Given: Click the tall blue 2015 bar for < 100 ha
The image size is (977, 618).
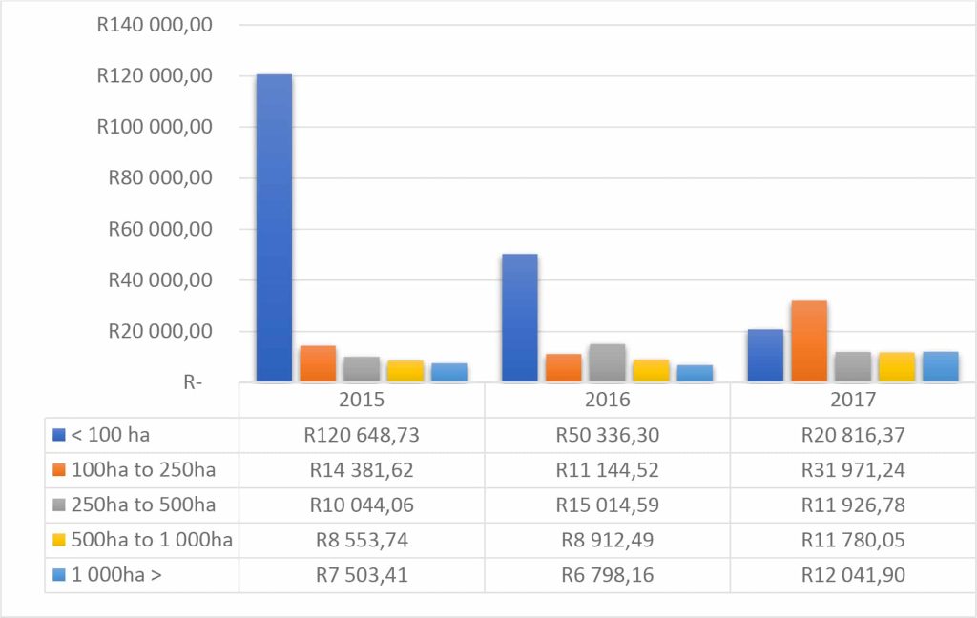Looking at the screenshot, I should tap(274, 229).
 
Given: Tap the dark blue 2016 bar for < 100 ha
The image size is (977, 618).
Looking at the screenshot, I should tap(520, 318).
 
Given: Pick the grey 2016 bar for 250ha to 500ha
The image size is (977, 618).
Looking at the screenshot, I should tap(608, 362).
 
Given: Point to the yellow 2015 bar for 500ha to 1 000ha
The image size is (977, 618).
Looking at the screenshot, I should tap(405, 371).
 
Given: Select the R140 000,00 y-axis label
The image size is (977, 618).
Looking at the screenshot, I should tap(155, 25).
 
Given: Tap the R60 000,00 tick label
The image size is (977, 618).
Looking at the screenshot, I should tap(155, 229).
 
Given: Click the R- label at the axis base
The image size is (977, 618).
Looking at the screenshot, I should tap(194, 382).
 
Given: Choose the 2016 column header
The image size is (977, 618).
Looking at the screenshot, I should tap(607, 400).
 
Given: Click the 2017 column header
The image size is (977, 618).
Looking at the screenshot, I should tap(853, 400).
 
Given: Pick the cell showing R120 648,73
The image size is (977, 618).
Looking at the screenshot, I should tap(362, 435).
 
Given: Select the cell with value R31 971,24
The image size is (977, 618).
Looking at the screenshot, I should tap(853, 470).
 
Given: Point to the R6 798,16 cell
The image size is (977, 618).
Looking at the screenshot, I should tap(607, 575).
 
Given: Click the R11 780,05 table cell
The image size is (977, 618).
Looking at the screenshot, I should tap(853, 540).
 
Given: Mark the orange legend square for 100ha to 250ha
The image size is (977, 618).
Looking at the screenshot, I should tap(59, 470).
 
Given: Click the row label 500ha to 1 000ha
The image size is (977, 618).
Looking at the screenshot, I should tap(152, 540).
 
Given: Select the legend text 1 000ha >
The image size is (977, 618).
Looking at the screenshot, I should tap(116, 575).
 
